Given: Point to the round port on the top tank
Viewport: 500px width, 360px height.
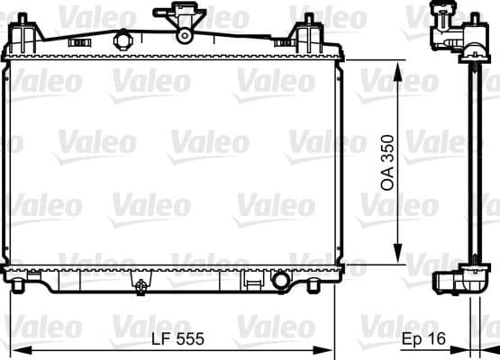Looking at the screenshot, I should point(123,40).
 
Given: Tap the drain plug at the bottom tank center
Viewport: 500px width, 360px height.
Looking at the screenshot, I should point(141,285).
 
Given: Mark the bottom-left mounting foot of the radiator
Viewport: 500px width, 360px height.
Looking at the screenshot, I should point(19,286).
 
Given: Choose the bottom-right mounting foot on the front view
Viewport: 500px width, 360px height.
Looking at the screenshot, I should point(329,286).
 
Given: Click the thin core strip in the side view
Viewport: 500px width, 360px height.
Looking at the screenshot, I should point(470,162).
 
